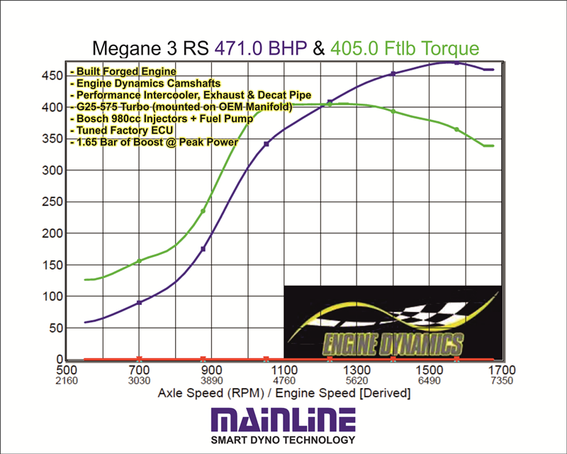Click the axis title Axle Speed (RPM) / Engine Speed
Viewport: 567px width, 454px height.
(x=283, y=393)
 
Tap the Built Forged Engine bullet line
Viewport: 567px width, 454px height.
(x=123, y=72)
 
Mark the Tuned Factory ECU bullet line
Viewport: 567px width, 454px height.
(x=120, y=131)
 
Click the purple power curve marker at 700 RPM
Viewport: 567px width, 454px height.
(x=139, y=302)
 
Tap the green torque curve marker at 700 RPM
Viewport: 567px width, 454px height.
(x=139, y=261)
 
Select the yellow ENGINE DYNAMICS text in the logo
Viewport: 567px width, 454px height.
(x=393, y=345)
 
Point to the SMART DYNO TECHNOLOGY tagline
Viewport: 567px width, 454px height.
(x=283, y=441)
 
